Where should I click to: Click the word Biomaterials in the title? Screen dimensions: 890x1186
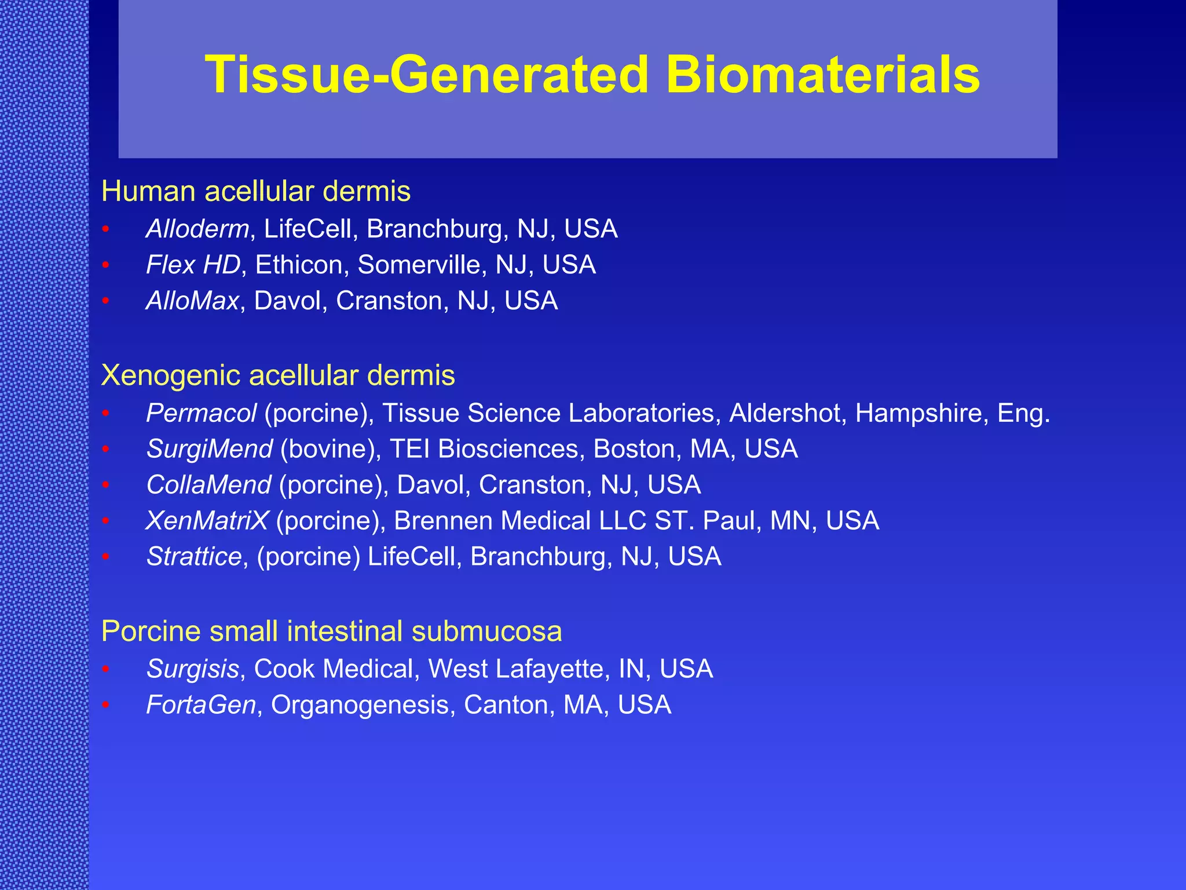(x=822, y=75)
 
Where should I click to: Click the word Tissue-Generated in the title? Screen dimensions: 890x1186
(x=427, y=75)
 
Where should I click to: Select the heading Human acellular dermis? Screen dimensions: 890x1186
(x=255, y=192)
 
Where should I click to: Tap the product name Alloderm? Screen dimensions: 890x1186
(x=197, y=229)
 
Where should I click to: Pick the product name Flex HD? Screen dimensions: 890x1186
(x=193, y=265)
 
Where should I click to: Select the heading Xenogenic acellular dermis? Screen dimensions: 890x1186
(x=278, y=375)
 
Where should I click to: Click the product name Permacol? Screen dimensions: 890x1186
(x=201, y=414)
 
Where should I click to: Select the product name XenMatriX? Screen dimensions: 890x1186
(x=207, y=521)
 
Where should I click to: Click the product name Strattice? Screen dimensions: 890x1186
(x=194, y=557)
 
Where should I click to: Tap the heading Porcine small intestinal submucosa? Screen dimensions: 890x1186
(x=331, y=632)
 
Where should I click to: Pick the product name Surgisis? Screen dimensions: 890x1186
(x=192, y=669)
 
